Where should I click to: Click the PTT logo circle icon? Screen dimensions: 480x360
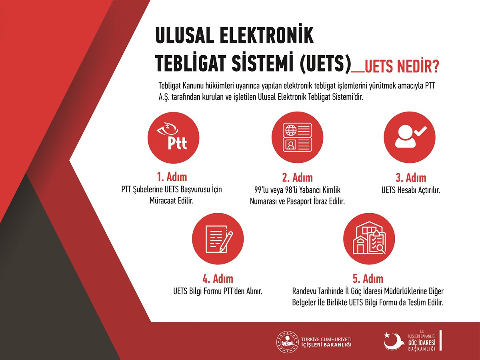point(174,138)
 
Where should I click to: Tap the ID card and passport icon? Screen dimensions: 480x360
point(298,138)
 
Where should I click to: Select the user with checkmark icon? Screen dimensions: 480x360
point(410,138)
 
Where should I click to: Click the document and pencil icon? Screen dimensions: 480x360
point(218,239)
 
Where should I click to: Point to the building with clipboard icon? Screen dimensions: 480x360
point(369,239)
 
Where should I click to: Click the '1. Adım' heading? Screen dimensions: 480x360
point(172,177)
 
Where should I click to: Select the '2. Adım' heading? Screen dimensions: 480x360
point(298,178)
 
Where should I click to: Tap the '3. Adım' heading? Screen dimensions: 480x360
point(411,178)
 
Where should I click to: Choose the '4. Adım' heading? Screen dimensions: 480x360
point(218,279)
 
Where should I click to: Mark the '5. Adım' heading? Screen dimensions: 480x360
point(368,279)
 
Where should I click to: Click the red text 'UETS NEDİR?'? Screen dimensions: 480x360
point(402,66)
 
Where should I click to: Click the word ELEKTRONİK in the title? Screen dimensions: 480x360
point(267,35)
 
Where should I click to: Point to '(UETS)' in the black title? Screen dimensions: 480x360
point(325,63)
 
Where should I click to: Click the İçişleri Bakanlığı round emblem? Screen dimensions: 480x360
point(287,342)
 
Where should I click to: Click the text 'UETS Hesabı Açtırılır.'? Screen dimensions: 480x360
point(411,190)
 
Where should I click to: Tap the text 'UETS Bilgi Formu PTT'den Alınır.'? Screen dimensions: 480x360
point(218,291)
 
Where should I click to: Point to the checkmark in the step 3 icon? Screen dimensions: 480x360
point(420,131)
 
